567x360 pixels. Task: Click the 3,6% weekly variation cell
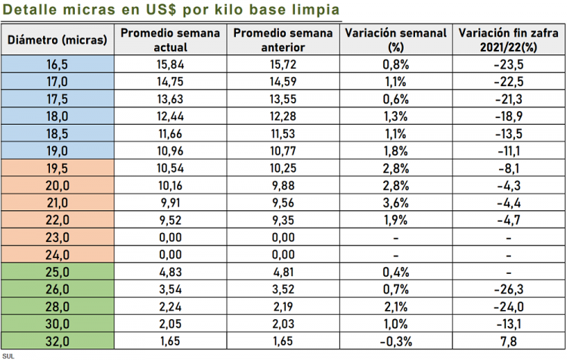(x=396, y=203)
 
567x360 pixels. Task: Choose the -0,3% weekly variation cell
(x=396, y=341)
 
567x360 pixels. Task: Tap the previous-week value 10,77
(x=283, y=151)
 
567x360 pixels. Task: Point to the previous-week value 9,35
(x=283, y=220)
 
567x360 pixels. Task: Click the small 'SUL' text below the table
(x=8, y=355)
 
